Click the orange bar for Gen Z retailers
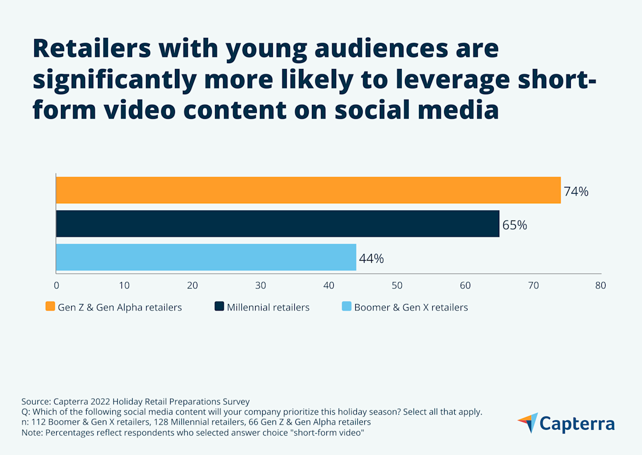(x=308, y=190)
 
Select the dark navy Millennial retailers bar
(x=277, y=224)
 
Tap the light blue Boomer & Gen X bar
(x=205, y=257)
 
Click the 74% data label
(x=576, y=192)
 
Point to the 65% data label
(x=515, y=225)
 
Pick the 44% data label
(x=371, y=259)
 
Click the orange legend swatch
(x=50, y=307)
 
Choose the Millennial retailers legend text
(x=268, y=307)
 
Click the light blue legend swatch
(x=346, y=307)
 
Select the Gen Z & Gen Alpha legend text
(x=120, y=307)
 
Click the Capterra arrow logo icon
(x=528, y=422)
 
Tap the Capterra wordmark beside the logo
(x=577, y=423)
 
